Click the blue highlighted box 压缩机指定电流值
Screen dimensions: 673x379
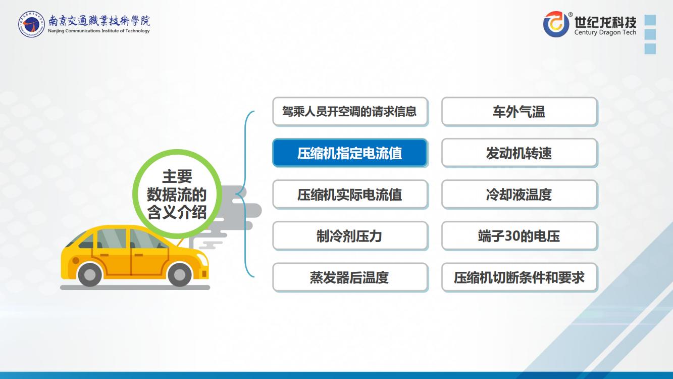[350, 153]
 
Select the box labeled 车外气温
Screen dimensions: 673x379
[520, 111]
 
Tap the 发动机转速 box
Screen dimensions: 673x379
[520, 153]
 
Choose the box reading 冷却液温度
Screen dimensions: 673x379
[520, 195]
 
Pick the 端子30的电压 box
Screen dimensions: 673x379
[520, 236]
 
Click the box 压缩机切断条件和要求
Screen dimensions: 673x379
[520, 277]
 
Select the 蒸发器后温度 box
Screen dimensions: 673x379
[350, 277]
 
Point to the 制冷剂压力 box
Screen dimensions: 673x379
[350, 236]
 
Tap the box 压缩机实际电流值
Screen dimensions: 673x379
[350, 195]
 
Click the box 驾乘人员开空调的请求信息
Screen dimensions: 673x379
[350, 111]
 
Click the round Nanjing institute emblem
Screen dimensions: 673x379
[31, 24]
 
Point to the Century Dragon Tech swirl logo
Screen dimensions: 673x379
[556, 24]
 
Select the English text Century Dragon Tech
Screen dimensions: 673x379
[605, 32]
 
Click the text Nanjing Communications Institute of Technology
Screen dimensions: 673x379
[99, 31]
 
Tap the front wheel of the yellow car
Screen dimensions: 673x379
[180, 274]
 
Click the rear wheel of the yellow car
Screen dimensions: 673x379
[89, 274]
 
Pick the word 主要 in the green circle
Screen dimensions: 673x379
[177, 176]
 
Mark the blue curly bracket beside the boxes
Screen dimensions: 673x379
[245, 194]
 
